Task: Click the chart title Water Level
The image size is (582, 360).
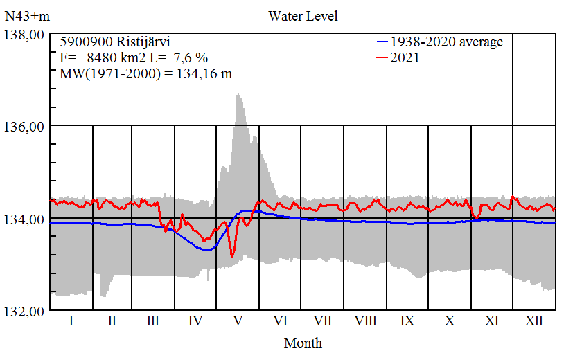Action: point(303,15)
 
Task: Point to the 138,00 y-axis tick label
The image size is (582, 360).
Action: point(25,34)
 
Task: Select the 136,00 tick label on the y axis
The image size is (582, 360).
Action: point(25,126)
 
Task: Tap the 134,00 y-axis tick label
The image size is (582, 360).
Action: point(25,219)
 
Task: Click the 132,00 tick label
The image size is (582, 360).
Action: point(25,311)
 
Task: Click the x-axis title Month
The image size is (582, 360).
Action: point(303,342)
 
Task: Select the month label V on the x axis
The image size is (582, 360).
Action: point(238,321)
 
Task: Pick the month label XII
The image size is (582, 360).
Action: point(534,321)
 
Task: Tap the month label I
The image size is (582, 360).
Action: point(71,321)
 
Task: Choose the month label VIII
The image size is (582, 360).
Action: point(365,321)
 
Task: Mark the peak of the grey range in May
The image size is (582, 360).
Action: point(238,94)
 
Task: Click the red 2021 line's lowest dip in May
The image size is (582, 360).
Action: point(231,257)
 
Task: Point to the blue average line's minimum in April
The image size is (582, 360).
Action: point(206,250)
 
